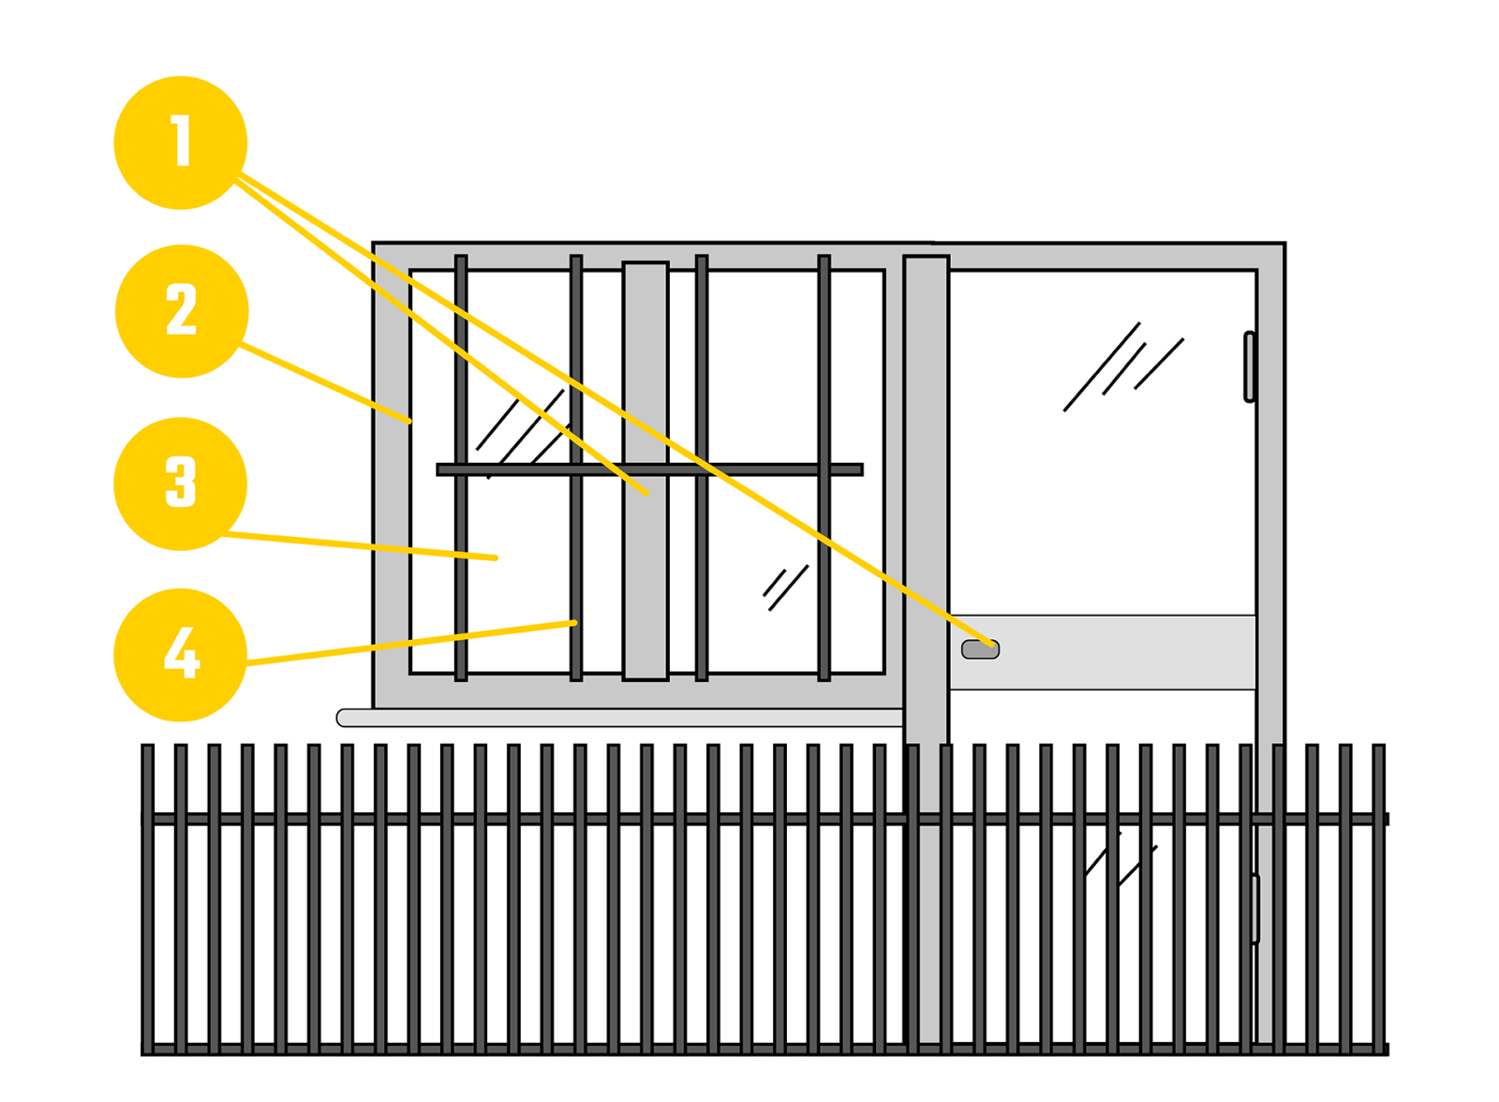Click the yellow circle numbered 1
[x=180, y=142]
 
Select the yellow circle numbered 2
[x=181, y=311]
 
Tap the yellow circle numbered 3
[x=180, y=484]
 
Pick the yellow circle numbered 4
[x=180, y=654]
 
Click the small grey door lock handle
[x=980, y=649]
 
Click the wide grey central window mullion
[x=646, y=581]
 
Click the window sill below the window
[x=618, y=718]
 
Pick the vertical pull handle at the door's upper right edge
[x=1249, y=366]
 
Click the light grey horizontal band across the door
[x=1124, y=652]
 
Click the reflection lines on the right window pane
[x=785, y=588]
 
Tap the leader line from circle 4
[x=412, y=643]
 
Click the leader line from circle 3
[x=365, y=545]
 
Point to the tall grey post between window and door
[x=926, y=487]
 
